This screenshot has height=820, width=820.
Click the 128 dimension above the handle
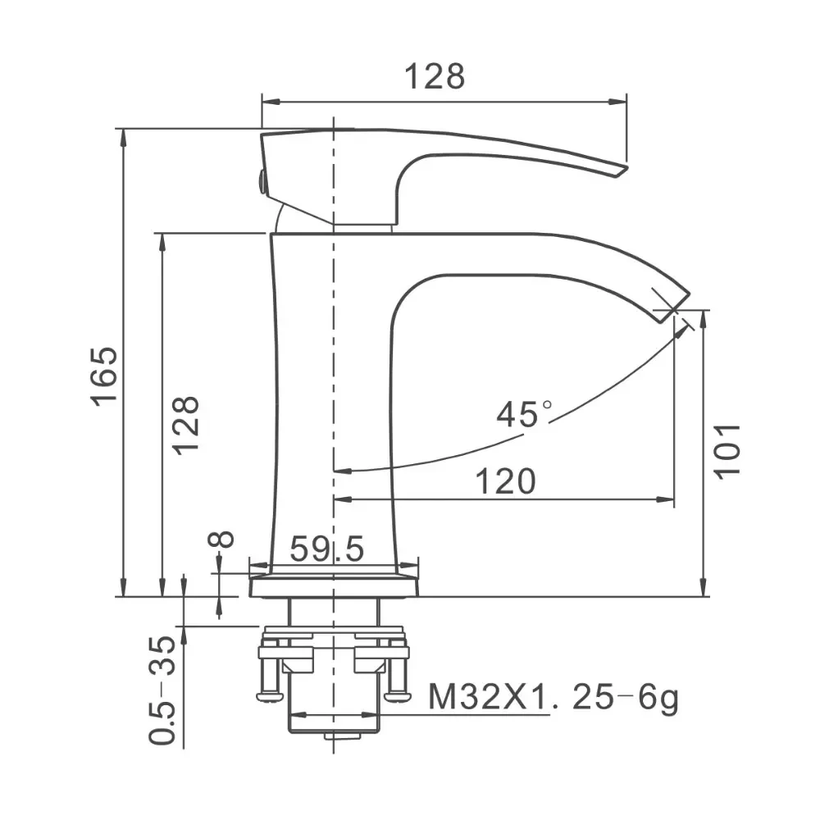(435, 76)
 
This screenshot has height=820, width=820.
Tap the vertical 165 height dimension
(105, 376)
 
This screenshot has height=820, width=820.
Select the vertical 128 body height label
(186, 425)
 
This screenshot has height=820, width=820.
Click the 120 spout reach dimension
(506, 481)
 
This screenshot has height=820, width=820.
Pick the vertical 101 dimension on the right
(727, 451)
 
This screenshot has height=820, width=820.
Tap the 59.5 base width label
(327, 549)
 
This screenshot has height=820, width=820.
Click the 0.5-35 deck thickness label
(162, 690)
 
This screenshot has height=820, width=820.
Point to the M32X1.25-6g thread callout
(553, 697)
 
